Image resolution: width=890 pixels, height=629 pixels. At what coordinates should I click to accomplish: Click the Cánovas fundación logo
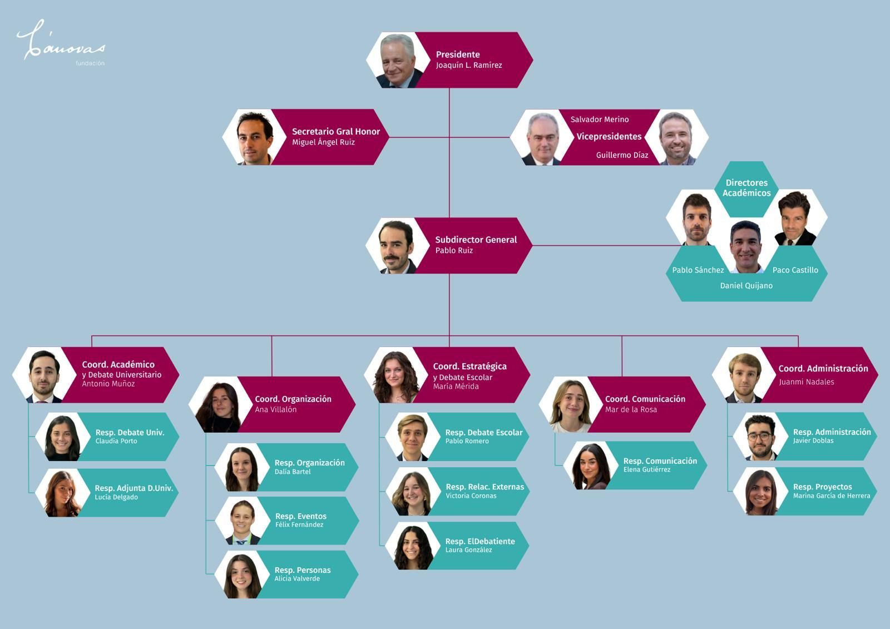[61, 43]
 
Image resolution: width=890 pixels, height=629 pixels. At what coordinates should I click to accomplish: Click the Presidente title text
[457, 55]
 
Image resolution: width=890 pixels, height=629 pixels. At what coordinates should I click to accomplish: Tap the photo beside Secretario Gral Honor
[254, 137]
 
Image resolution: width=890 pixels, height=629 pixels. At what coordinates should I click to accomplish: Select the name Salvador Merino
[600, 120]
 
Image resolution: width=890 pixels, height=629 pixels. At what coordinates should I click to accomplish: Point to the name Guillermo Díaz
[622, 155]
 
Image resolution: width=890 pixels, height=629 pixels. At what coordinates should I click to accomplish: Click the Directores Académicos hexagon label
[746, 188]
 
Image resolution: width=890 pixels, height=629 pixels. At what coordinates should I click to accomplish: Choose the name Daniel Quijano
[746, 286]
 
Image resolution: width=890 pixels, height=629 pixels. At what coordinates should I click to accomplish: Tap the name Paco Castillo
[795, 270]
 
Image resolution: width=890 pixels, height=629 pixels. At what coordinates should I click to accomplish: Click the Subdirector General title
[476, 240]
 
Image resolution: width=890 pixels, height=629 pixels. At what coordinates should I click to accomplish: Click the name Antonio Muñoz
[108, 384]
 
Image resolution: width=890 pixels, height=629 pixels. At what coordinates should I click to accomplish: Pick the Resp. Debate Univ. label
[130, 432]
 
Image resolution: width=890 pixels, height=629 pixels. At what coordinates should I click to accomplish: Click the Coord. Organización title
[293, 399]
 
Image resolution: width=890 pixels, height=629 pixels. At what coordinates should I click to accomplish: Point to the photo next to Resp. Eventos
[243, 522]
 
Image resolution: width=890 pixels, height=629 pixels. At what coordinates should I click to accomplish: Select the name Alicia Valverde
[297, 578]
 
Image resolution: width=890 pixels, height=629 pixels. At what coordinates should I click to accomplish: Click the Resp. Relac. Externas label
[484, 487]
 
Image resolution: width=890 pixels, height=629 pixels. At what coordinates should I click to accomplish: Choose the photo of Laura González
[413, 547]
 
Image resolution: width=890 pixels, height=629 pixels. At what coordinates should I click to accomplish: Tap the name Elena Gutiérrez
[646, 469]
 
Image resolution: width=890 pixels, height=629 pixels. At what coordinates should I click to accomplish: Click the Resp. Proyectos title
[822, 487]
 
